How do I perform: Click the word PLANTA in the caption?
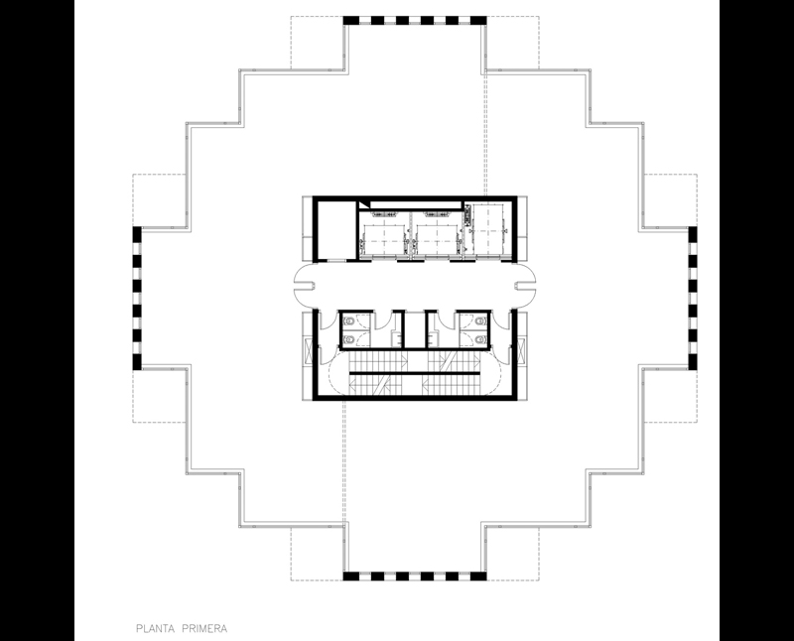point(156,629)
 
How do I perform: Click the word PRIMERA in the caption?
point(204,629)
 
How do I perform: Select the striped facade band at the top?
point(415,20)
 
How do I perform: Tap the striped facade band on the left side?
point(137,298)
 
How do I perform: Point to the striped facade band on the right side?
point(693,298)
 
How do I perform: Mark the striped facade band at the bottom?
point(415,577)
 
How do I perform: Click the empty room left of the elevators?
point(337,230)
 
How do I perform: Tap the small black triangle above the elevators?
point(364,204)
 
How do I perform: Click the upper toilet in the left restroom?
point(349,321)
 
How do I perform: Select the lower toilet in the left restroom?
point(349,338)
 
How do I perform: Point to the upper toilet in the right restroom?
point(480,321)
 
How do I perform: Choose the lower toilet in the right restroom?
point(480,338)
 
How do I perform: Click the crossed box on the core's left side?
point(308,351)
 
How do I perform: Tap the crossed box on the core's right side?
point(522,351)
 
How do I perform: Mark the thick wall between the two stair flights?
point(414,373)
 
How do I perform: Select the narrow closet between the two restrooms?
point(415,329)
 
